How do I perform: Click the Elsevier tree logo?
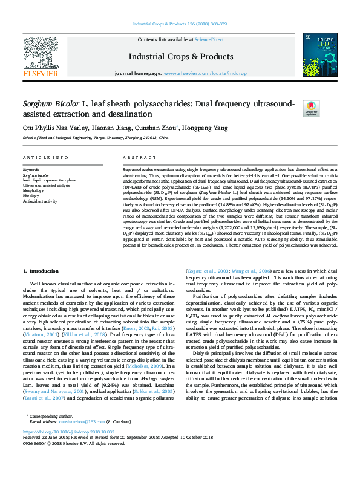coord(41,56)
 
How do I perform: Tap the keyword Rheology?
coord(33,195)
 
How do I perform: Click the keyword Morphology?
coord(34,190)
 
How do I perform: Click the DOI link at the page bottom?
coord(68,449)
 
